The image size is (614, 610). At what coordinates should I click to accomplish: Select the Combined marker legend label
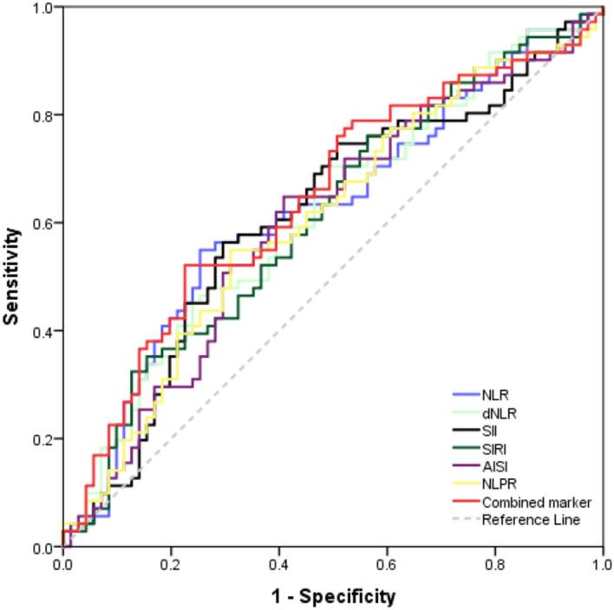point(536,502)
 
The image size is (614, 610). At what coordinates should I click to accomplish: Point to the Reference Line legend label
point(531,520)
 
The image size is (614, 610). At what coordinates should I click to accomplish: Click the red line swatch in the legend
point(465,502)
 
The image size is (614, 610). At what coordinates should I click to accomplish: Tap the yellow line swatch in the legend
point(465,484)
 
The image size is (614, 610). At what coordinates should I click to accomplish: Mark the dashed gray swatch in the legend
point(465,520)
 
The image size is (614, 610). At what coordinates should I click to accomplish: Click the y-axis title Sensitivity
point(12,276)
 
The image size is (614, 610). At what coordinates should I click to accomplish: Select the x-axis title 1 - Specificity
point(333,596)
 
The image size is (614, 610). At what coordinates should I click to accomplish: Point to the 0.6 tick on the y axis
point(42,223)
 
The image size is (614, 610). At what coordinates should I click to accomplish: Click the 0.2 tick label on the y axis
point(42,439)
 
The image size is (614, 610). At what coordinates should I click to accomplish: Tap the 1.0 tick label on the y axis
point(42,7)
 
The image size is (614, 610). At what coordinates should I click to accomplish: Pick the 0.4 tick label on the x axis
point(279,564)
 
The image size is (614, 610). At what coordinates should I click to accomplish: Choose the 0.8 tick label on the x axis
point(495,564)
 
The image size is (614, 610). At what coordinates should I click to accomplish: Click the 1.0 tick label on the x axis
point(600,564)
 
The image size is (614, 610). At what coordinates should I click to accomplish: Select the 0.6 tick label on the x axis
point(387,564)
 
